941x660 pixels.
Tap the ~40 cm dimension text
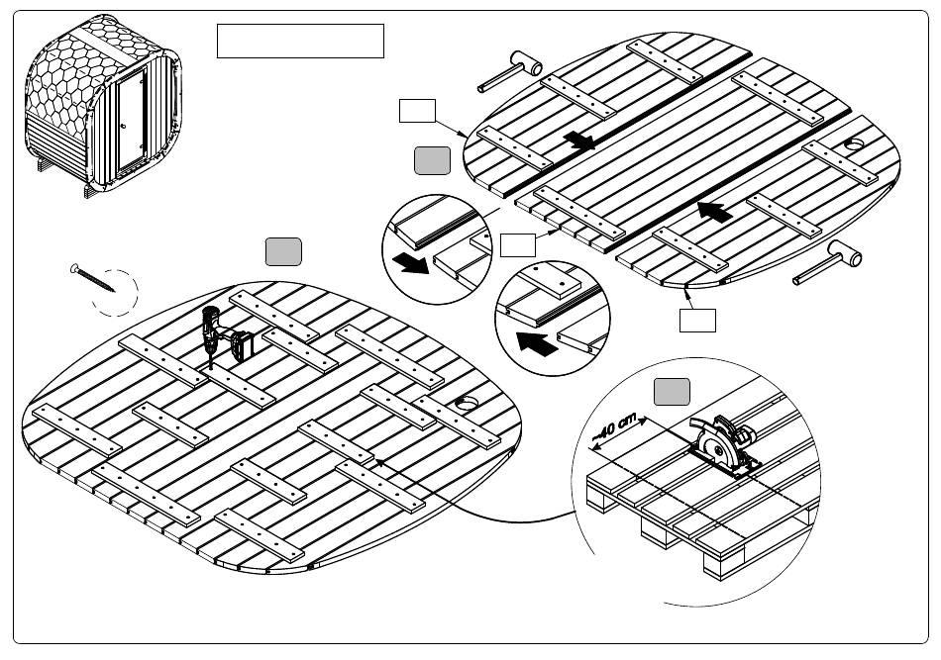(x=614, y=427)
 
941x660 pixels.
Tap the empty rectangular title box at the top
(x=299, y=41)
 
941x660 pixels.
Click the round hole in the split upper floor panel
(x=853, y=145)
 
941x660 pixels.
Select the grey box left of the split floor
(x=433, y=160)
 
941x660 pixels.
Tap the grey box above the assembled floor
(x=283, y=252)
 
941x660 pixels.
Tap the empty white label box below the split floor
(x=697, y=320)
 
